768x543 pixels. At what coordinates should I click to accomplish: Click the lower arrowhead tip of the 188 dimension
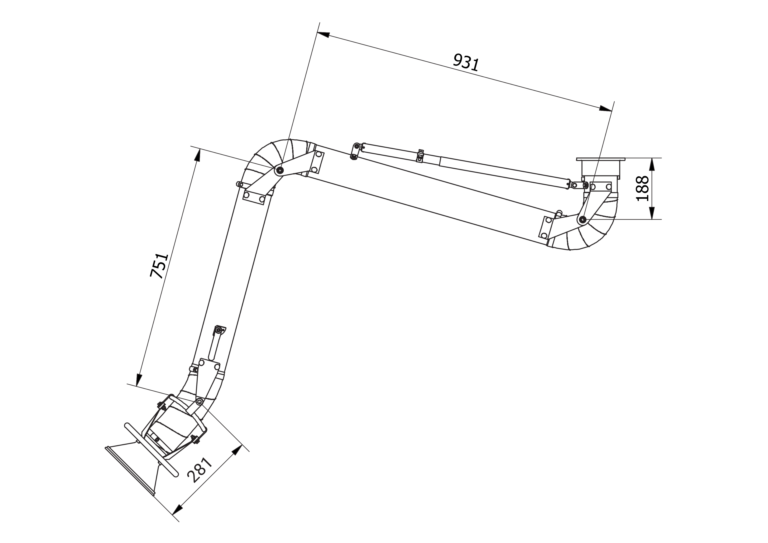tap(652, 219)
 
